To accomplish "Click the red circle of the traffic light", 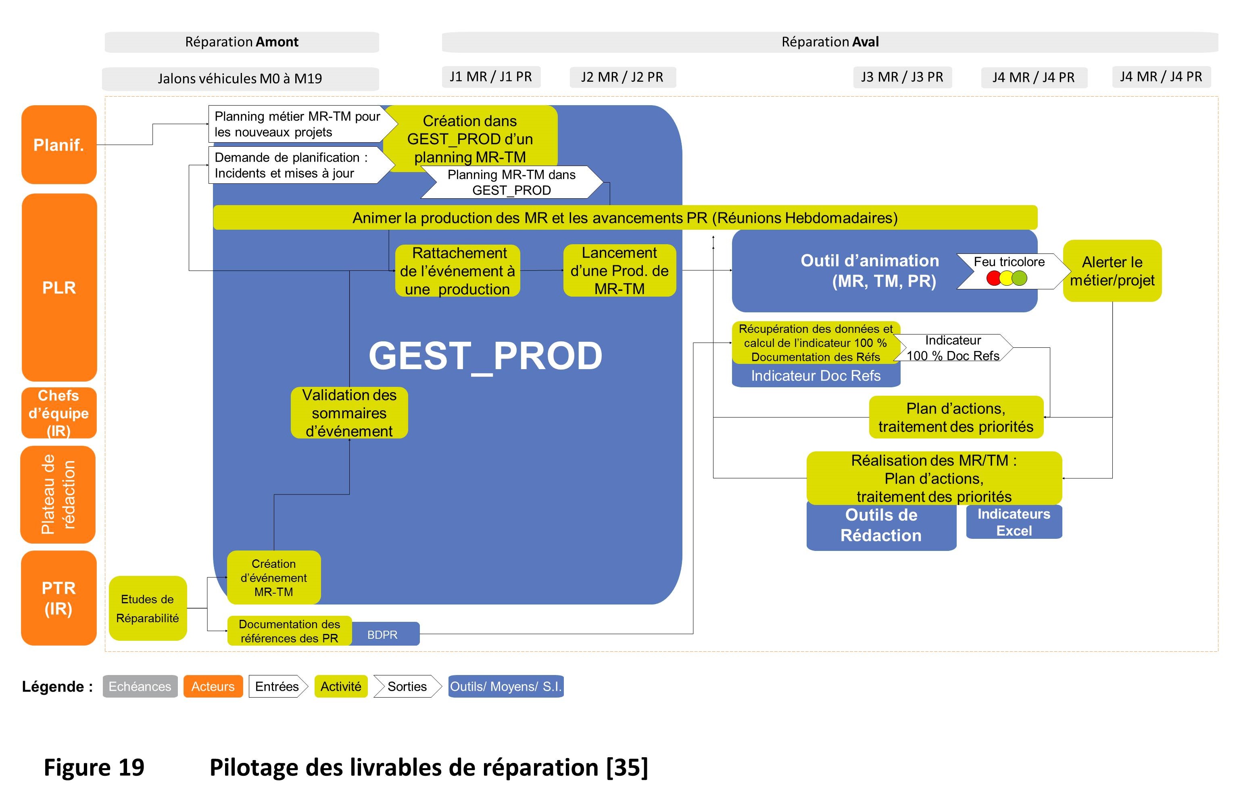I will [x=994, y=278].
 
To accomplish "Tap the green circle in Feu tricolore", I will [x=1019, y=278].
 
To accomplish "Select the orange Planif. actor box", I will [x=59, y=145].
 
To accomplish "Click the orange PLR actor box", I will [x=59, y=287].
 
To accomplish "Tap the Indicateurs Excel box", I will [x=1014, y=522].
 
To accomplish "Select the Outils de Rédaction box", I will [x=881, y=526].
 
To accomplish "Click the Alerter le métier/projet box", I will [x=1112, y=270].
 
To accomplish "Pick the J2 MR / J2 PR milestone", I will [x=622, y=77].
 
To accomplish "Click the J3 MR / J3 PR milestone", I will [x=902, y=77].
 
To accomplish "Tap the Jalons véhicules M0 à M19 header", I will [x=240, y=79].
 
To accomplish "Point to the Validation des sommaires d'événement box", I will [x=349, y=413].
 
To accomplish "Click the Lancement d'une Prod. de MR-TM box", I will [x=619, y=270].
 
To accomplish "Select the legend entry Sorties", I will [x=407, y=686].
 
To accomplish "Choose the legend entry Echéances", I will [x=140, y=686].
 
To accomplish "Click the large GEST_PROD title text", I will [x=485, y=356].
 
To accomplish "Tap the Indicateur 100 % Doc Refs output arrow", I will [x=953, y=347].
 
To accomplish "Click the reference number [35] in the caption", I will [x=627, y=767].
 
